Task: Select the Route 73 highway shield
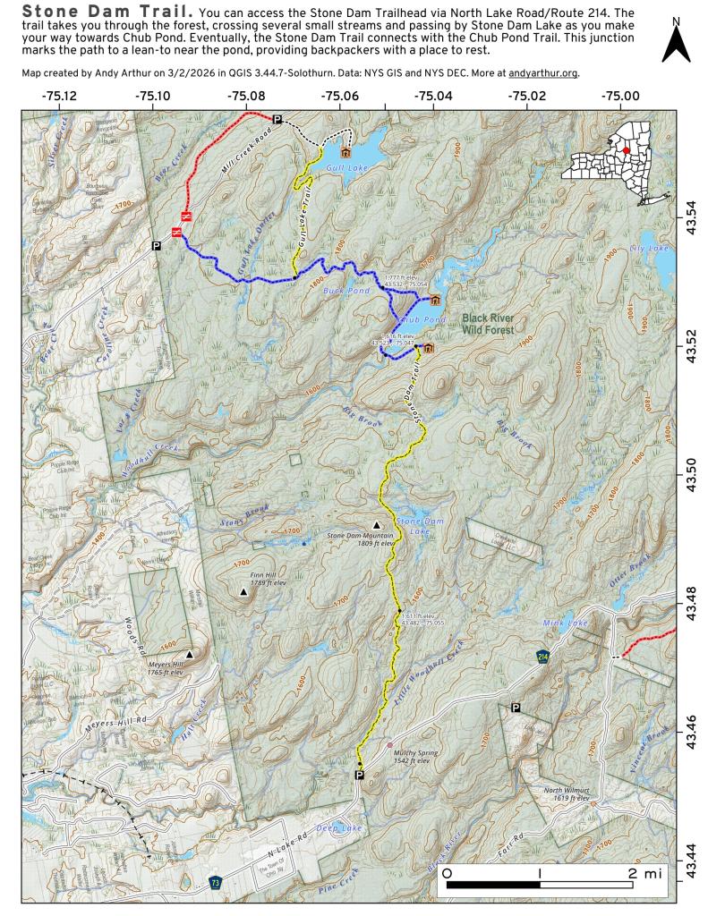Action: click(x=216, y=882)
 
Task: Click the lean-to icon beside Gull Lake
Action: click(x=345, y=139)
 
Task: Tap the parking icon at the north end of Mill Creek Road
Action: click(x=277, y=119)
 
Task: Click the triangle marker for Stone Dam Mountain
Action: click(x=376, y=525)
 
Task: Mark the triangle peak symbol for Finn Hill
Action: click(x=243, y=592)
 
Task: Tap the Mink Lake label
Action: click(x=564, y=622)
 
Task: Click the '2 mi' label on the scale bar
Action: click(x=644, y=872)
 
